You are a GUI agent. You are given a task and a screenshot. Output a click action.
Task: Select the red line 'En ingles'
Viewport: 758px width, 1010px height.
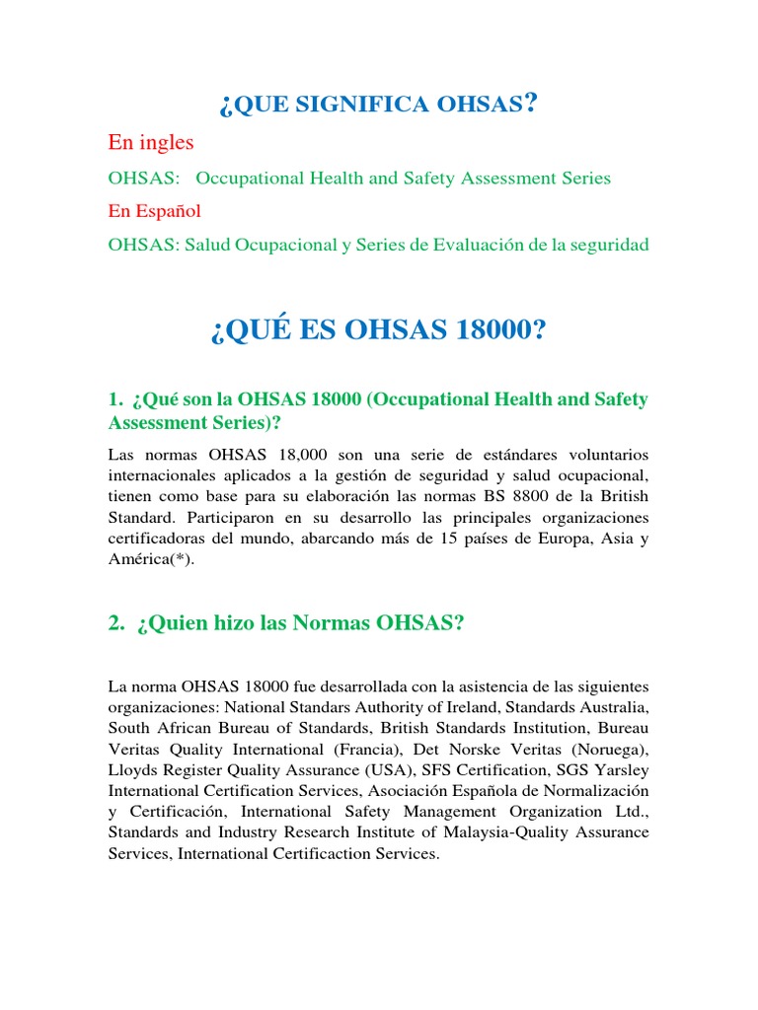pyautogui.click(x=150, y=143)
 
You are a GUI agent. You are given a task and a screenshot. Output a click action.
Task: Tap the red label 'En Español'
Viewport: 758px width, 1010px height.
pyautogui.click(x=154, y=211)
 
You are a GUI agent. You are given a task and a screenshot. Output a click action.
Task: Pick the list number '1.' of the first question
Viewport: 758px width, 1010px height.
pyautogui.click(x=115, y=399)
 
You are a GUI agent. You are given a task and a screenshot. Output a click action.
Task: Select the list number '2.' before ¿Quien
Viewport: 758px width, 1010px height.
pyautogui.click(x=116, y=622)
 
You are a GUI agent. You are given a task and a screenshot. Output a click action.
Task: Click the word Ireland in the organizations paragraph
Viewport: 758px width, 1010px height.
pyautogui.click(x=496, y=706)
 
